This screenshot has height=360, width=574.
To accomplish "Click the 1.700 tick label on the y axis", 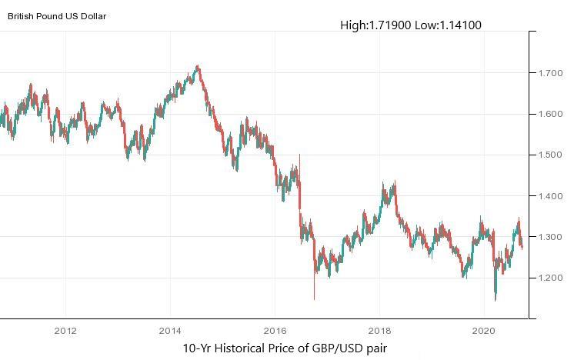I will (x=552, y=74).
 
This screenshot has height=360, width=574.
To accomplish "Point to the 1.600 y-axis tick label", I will (x=552, y=115).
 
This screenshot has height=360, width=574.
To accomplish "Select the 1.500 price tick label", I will (x=552, y=155).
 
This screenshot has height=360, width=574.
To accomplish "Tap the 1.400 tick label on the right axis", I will (x=552, y=196).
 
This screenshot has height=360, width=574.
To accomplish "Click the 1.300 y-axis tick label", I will (x=552, y=237).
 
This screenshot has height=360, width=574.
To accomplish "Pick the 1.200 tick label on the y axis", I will (x=552, y=278).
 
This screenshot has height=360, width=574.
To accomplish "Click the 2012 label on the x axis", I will (x=65, y=332).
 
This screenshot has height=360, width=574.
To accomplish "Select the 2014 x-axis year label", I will (x=170, y=332).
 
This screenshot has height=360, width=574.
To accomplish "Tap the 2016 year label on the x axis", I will (x=275, y=332).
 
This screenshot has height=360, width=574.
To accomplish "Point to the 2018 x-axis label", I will (x=379, y=332).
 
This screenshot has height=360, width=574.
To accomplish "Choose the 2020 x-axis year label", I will (x=482, y=332).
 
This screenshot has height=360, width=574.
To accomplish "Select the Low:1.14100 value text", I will (x=448, y=25).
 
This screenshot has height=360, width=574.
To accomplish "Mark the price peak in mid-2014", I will (x=199, y=66).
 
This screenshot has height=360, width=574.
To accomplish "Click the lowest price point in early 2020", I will (x=495, y=299).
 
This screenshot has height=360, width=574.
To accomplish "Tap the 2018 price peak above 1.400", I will (x=395, y=182).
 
